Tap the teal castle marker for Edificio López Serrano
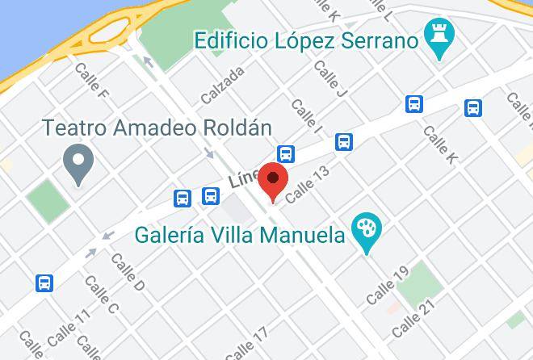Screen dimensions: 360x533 click(x=440, y=38)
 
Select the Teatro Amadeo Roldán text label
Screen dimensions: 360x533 click(x=157, y=128)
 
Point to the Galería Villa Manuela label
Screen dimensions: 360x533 click(x=240, y=236)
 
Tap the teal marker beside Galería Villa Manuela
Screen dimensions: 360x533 click(x=368, y=232)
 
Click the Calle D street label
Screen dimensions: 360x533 click(x=128, y=273)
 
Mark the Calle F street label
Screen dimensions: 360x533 click(x=91, y=82)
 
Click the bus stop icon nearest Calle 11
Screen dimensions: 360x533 click(x=44, y=283)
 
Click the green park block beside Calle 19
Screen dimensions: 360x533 click(x=419, y=283)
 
